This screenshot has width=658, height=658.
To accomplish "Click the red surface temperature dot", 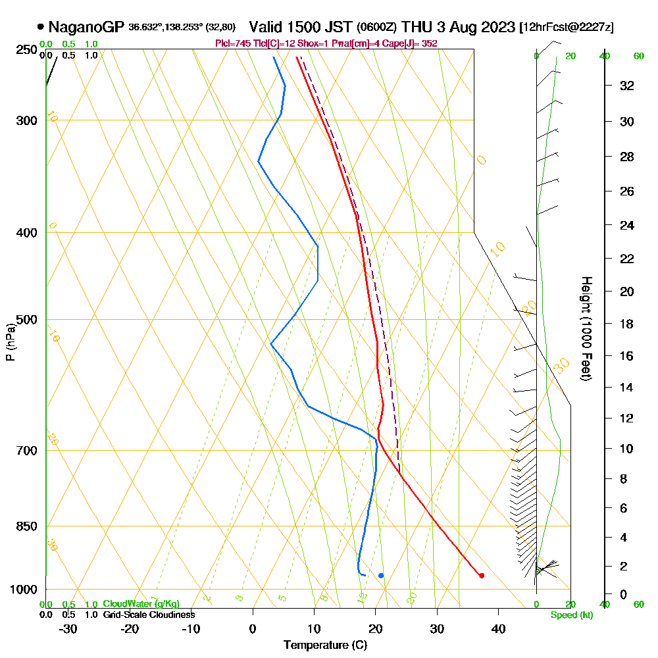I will [x=482, y=576].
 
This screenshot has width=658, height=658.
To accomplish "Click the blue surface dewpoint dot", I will [x=381, y=576].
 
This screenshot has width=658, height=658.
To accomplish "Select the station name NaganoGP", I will [x=86, y=27].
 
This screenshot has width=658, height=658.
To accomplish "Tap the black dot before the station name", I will [x=41, y=27].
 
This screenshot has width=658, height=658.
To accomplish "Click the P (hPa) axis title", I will [x=10, y=342].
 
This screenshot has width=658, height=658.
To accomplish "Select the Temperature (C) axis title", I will [x=325, y=645].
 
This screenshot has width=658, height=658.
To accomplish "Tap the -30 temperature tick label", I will [x=68, y=628].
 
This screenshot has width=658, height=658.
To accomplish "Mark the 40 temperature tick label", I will [x=498, y=628].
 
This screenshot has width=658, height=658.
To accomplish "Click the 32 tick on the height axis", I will [x=626, y=86].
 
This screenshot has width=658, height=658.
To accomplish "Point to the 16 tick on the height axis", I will [x=626, y=356].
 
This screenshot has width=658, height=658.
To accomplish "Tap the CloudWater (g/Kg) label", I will [x=141, y=604].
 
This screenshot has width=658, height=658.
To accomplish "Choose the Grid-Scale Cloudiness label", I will [x=149, y=615].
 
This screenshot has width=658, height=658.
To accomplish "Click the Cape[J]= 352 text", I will [x=413, y=43].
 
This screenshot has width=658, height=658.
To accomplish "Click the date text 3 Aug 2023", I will [x=475, y=27].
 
